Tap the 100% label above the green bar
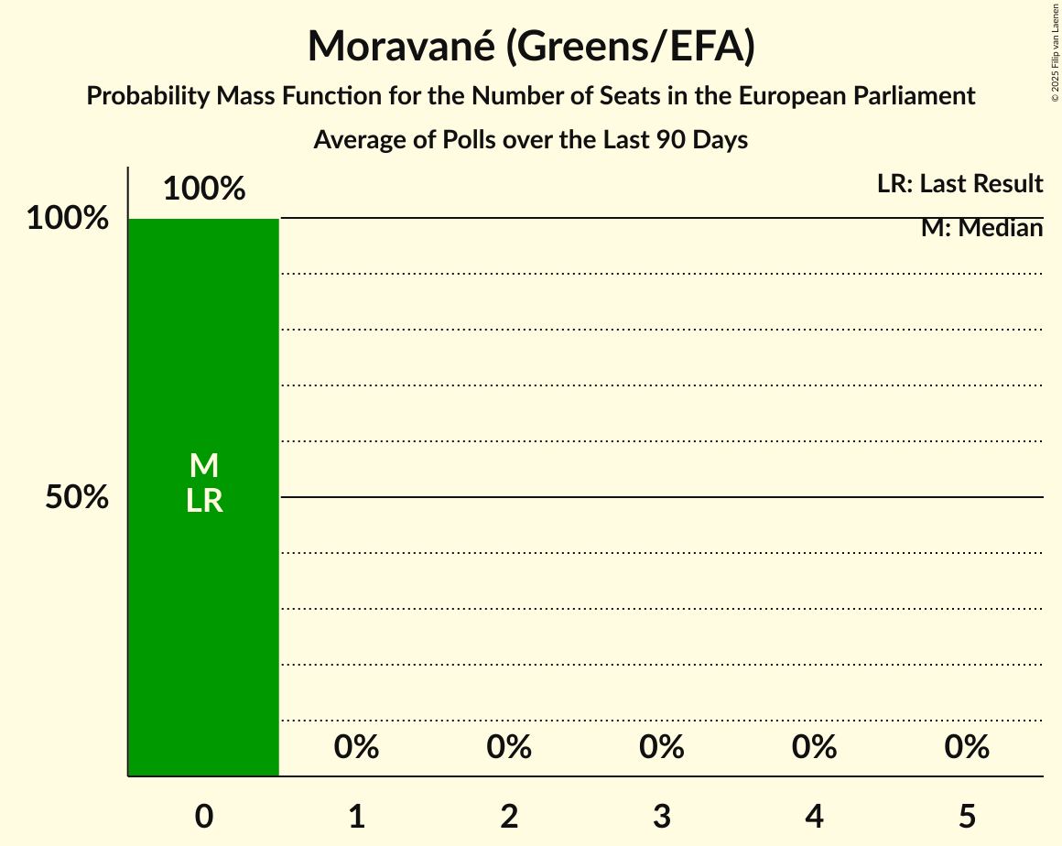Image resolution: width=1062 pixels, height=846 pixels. pyautogui.click(x=204, y=189)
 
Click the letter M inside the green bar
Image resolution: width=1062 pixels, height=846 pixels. pyautogui.click(x=204, y=466)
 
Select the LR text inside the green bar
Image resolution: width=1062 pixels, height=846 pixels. pyautogui.click(x=204, y=501)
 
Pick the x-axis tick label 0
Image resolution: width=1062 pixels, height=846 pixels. pyautogui.click(x=204, y=816)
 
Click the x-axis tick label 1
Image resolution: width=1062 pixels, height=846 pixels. pyautogui.click(x=357, y=816)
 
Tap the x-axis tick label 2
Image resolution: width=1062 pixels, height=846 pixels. pyautogui.click(x=509, y=816)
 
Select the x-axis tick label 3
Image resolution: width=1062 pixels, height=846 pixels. pyautogui.click(x=662, y=816)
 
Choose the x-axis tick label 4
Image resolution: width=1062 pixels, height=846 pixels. pyautogui.click(x=815, y=816)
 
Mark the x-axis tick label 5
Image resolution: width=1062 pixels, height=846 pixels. pyautogui.click(x=967, y=816)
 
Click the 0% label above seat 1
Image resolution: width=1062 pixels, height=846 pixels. pyautogui.click(x=357, y=747)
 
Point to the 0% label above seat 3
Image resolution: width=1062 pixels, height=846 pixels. pyautogui.click(x=662, y=747)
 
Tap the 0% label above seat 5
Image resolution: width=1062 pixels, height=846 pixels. pyautogui.click(x=967, y=747)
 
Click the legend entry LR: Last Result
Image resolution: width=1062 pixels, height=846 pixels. pyautogui.click(x=959, y=184)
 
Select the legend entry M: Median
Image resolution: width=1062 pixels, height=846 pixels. pyautogui.click(x=981, y=228)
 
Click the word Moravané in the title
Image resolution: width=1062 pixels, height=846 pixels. pyautogui.click(x=401, y=47)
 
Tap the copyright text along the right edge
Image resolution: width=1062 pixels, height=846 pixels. pyautogui.click(x=1055, y=52)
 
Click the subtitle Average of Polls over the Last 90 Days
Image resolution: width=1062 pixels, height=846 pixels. pyautogui.click(x=531, y=140)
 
